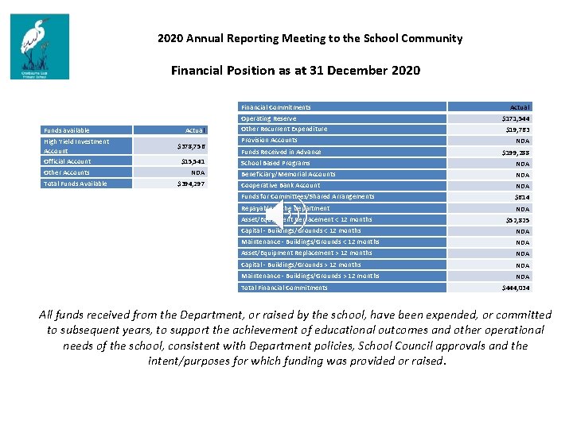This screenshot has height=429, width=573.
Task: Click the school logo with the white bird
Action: (39, 46)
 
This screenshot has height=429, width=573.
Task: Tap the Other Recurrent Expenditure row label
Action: (284, 129)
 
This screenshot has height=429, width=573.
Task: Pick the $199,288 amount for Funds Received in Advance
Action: (516, 153)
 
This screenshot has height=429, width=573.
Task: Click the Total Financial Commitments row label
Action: (284, 288)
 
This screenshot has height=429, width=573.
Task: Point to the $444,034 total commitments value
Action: (516, 288)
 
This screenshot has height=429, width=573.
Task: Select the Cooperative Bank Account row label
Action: (281, 185)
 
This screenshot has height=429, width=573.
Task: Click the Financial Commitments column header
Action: (276, 106)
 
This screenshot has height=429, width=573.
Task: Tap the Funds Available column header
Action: (67, 130)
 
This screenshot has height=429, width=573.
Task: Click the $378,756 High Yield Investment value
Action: (191, 146)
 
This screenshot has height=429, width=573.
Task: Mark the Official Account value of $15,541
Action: (193, 161)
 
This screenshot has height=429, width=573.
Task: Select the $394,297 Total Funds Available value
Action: (191, 184)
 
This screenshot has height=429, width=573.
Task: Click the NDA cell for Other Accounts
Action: (198, 172)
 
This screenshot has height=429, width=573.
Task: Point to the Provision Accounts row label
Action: (269, 140)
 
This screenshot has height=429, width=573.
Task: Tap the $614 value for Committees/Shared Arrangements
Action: (521, 197)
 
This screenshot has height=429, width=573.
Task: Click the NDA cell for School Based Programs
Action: (522, 164)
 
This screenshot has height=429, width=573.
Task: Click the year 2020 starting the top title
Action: (170, 38)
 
